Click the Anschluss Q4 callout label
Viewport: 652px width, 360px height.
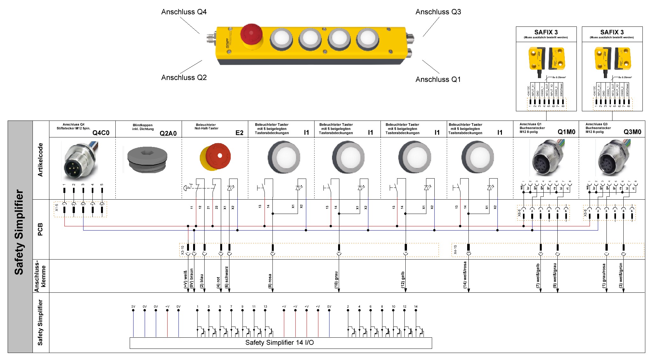point(184,12)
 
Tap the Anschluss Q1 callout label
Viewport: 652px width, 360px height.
point(438,80)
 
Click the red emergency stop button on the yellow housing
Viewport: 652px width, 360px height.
point(251,34)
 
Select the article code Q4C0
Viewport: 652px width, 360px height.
point(101,133)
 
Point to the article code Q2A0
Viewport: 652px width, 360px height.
point(168,133)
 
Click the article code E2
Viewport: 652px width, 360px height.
point(239,133)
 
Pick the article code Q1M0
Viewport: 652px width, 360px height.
point(566,132)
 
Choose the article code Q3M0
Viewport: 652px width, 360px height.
point(632,132)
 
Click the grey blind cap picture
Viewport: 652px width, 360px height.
point(147,159)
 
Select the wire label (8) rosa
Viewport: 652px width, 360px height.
point(270,281)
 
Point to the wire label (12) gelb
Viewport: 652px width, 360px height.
point(403,280)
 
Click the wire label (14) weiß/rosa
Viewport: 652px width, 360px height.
point(465,275)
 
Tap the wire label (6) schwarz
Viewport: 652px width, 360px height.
point(227,277)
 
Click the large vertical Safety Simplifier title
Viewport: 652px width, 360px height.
point(19,232)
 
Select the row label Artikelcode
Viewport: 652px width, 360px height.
point(40,160)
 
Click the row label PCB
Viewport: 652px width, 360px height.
point(40,229)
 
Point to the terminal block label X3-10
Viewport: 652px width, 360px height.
point(183,250)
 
